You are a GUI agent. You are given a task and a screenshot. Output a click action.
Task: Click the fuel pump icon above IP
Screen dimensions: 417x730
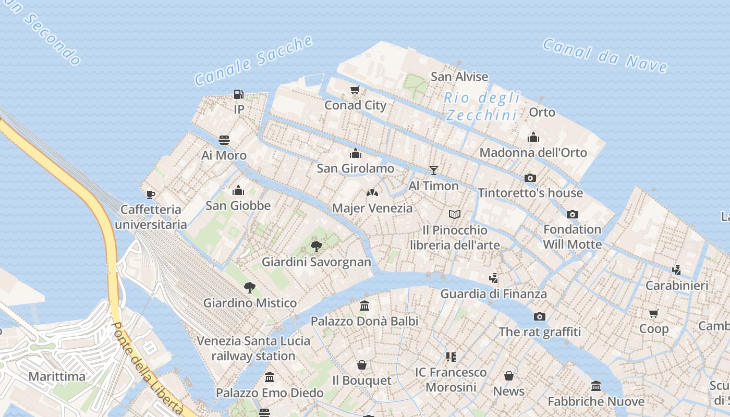238,94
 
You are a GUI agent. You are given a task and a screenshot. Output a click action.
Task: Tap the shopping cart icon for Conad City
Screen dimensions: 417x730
355,90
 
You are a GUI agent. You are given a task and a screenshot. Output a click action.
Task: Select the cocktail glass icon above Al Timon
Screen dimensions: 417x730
433,170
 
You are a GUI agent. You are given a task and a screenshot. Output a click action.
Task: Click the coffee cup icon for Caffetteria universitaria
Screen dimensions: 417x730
151,194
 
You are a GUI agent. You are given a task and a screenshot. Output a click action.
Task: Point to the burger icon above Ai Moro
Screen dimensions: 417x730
224,140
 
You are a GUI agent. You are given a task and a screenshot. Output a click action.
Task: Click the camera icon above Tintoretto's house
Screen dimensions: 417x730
530,178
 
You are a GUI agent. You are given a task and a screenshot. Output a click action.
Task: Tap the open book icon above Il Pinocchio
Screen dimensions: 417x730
455,214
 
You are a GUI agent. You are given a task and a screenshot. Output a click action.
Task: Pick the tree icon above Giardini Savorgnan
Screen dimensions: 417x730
316,247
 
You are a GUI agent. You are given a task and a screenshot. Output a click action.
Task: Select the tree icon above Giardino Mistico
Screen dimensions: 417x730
250,287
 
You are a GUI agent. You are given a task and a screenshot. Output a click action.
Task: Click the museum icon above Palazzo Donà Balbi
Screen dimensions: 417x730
364,306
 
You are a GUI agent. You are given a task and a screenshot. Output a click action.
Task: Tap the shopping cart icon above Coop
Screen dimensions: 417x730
653,313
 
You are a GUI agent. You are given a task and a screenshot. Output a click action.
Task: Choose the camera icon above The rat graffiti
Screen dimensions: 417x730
540,316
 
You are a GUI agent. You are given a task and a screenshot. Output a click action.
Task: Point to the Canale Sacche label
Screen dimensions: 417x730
254,60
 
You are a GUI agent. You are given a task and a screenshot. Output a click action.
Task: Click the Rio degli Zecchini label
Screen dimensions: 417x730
482,106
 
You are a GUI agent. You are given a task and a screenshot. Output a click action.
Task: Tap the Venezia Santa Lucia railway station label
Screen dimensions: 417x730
253,348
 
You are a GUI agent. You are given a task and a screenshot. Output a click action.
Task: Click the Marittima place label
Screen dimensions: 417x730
57,376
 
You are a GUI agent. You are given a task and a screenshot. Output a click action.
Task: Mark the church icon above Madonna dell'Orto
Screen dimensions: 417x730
533,137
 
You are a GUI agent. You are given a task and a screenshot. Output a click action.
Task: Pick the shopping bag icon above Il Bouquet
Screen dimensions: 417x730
361,365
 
